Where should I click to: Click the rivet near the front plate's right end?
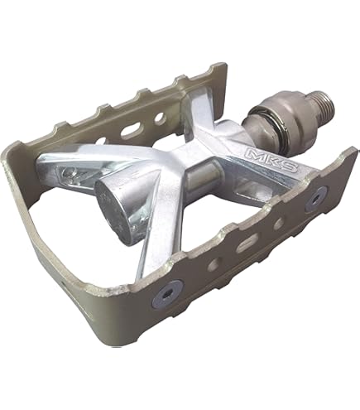tap(316, 199)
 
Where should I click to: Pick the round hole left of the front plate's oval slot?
tap(214, 263)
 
